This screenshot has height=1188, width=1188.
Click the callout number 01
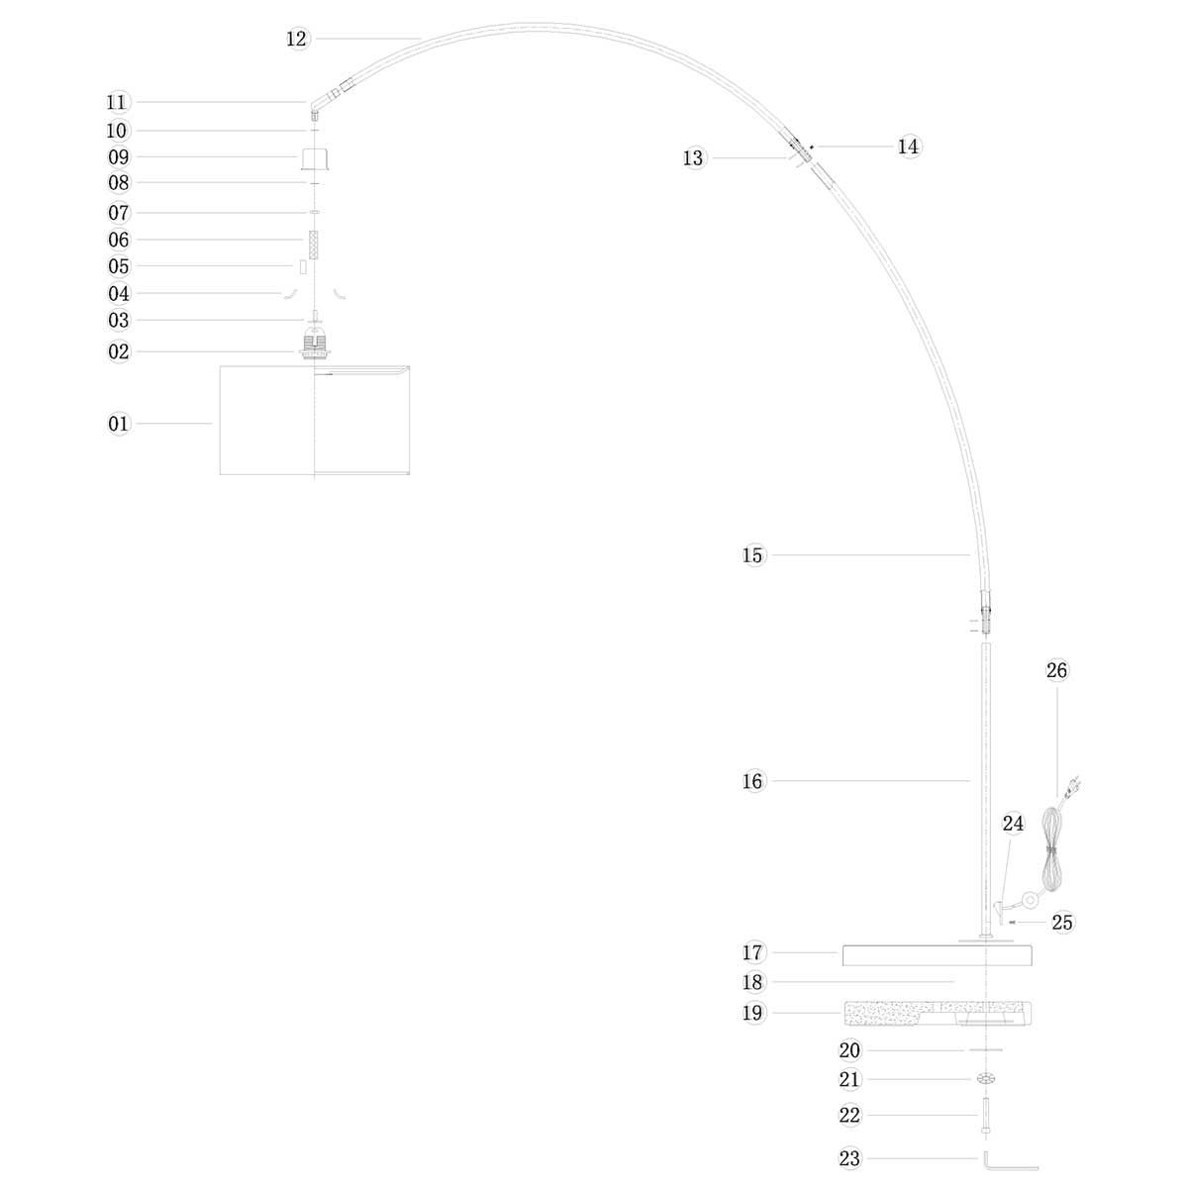click(119, 424)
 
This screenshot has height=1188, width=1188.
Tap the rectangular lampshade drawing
click(314, 420)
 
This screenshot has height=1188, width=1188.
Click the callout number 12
click(297, 39)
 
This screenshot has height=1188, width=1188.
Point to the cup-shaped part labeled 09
click(314, 158)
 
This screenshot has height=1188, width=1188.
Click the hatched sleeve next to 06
click(314, 245)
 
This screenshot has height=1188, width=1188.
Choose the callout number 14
click(909, 147)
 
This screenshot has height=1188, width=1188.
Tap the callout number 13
click(694, 158)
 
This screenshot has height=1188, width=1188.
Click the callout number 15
click(753, 555)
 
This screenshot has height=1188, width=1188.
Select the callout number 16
click(753, 781)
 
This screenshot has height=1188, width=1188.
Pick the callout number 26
click(1057, 670)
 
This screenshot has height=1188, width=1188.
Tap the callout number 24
click(1013, 823)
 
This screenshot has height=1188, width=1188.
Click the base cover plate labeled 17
click(937, 955)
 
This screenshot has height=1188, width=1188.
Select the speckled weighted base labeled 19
click(937, 1013)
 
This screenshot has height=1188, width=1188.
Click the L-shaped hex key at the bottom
click(1010, 1160)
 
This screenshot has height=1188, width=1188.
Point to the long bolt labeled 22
click(987, 1118)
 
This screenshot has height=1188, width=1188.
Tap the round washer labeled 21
click(986, 1080)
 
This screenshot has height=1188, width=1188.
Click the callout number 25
click(1062, 922)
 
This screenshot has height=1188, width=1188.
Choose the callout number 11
click(118, 102)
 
